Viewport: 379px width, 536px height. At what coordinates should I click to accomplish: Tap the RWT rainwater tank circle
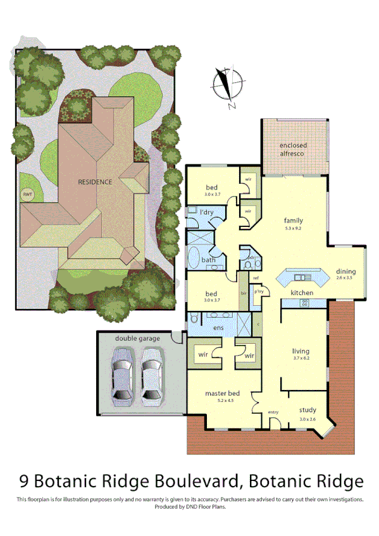pyautogui.click(x=28, y=194)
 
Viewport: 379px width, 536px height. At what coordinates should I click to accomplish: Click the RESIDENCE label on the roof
pyautogui.click(x=95, y=182)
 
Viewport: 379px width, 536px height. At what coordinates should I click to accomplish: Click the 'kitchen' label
pyautogui.click(x=301, y=293)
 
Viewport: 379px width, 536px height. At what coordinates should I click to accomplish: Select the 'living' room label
pyautogui.click(x=300, y=351)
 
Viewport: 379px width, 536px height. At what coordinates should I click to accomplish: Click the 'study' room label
pyautogui.click(x=308, y=410)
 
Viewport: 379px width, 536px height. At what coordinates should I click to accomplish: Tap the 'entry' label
pyautogui.click(x=273, y=412)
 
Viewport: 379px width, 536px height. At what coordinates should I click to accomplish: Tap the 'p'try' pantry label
pyautogui.click(x=259, y=292)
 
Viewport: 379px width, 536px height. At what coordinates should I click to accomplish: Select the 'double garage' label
pyautogui.click(x=137, y=339)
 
